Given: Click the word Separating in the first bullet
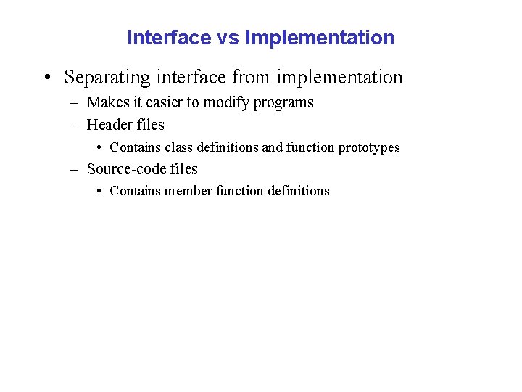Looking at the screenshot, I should tap(108, 77).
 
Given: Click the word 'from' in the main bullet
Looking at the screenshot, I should tap(249, 77).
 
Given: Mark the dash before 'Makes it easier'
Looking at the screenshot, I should tap(75, 103).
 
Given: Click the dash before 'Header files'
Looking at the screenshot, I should tap(75, 126).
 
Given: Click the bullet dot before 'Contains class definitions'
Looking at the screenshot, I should tap(99, 147).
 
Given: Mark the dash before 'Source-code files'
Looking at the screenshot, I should tap(75, 170).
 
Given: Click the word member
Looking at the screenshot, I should tap(188, 191).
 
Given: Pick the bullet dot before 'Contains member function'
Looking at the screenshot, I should tap(99, 191).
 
